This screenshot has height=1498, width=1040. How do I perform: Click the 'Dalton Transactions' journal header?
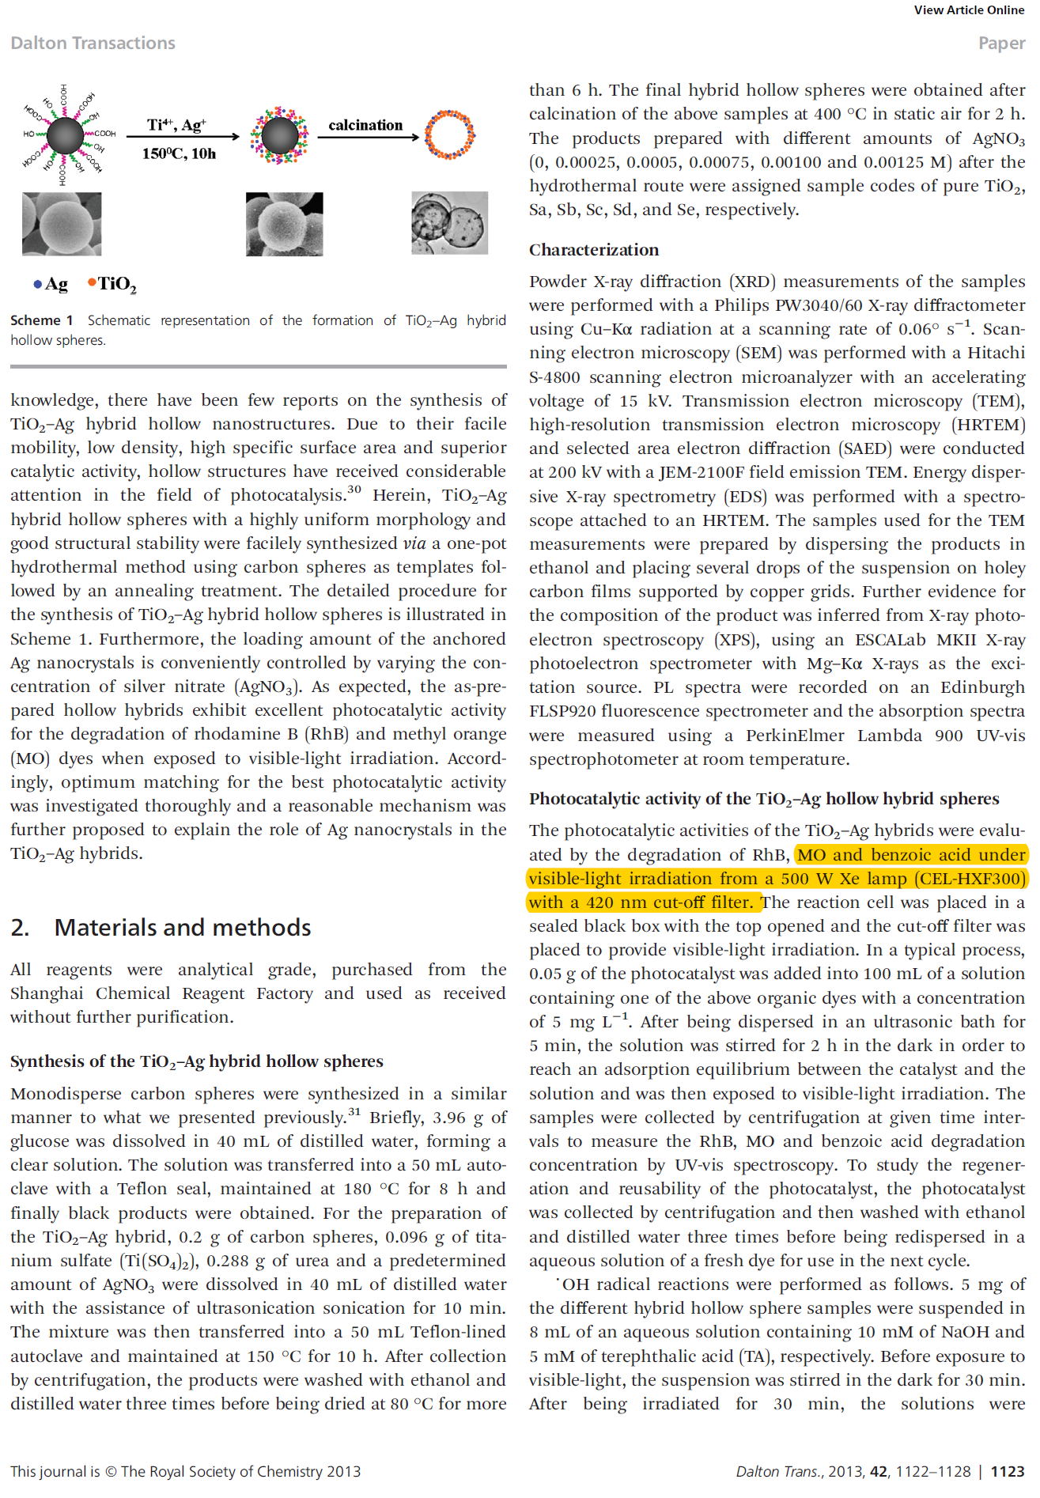[93, 44]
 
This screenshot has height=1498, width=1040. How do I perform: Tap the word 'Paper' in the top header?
[1001, 44]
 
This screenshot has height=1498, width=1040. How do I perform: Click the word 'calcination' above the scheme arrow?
[365, 125]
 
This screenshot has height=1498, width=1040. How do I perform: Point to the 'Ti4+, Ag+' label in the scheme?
[176, 125]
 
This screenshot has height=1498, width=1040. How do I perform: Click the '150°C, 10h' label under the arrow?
[179, 153]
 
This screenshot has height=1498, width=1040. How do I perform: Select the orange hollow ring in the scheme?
[449, 135]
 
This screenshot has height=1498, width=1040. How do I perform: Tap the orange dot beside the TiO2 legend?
[92, 282]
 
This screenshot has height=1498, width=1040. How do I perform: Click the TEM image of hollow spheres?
[449, 223]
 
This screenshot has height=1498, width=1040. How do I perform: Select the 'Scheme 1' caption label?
[42, 320]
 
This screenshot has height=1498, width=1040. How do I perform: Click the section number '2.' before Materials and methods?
[21, 927]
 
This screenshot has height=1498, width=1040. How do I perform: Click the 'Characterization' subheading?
[593, 250]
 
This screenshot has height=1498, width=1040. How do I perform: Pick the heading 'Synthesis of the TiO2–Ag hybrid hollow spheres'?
[196, 1061]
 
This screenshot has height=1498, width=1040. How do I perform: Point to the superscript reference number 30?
[354, 490]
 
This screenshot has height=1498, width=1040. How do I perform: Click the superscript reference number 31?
[354, 1112]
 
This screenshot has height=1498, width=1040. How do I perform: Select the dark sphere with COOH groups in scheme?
[65, 135]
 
